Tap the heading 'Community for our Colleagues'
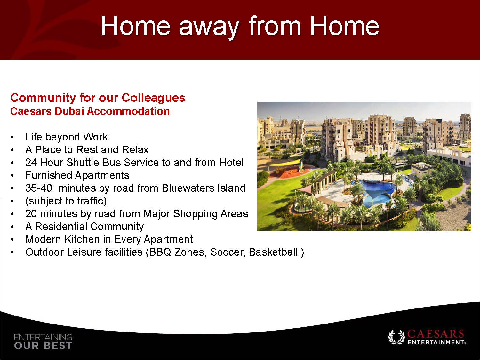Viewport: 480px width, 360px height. (98, 98)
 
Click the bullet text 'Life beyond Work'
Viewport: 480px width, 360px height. (67, 137)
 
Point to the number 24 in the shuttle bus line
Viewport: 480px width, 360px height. (31, 163)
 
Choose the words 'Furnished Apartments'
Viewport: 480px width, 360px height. (77, 175)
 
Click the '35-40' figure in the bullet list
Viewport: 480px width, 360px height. (39, 188)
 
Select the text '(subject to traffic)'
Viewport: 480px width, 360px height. (66, 201)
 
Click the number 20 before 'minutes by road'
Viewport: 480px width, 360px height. (31, 214)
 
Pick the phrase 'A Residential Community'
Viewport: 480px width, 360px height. (84, 227)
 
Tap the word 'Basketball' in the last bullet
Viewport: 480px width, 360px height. (273, 252)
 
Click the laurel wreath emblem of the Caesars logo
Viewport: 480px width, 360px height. (396, 337)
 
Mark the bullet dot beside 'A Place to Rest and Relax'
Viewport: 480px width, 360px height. (12, 150)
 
